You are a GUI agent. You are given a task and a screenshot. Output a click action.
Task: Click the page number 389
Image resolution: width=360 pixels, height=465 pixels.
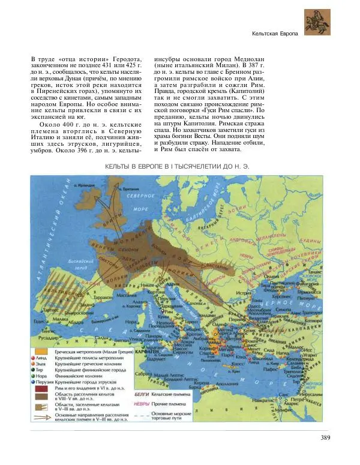pos(325,437)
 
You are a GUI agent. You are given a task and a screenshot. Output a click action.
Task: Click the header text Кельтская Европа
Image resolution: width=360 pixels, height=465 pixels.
pos(275,34)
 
